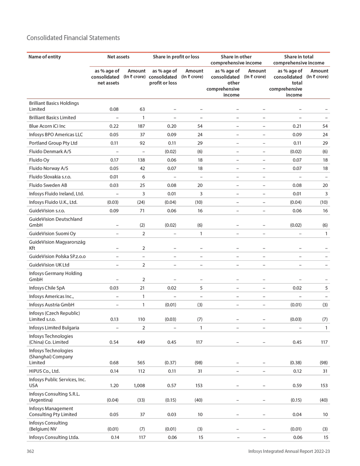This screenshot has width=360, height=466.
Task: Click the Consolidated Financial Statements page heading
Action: point(73,38)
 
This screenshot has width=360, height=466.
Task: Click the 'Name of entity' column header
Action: point(45,57)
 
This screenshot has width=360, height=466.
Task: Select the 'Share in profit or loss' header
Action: point(176,57)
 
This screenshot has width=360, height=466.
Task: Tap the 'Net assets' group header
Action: point(118,57)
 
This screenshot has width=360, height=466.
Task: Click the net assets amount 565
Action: point(141,363)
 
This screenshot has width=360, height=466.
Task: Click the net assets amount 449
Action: point(141,342)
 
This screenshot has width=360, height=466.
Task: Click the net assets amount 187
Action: point(141,126)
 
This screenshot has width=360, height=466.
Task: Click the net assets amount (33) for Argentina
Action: point(140,400)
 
